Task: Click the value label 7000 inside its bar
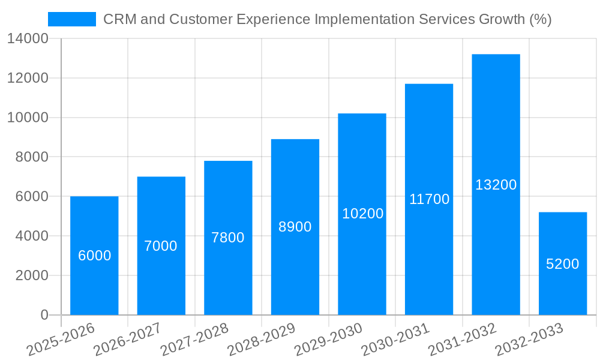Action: pos(161,246)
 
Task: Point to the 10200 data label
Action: pos(362,214)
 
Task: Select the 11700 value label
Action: pos(429,199)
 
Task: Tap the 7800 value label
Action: pos(228,238)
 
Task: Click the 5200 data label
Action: pos(562,264)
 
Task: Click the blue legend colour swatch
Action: pos(71,19)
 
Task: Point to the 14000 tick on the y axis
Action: pos(28,39)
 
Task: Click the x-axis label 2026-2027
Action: pos(127,340)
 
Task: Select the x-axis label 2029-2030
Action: pos(329,340)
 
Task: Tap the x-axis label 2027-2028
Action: pos(194,340)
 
